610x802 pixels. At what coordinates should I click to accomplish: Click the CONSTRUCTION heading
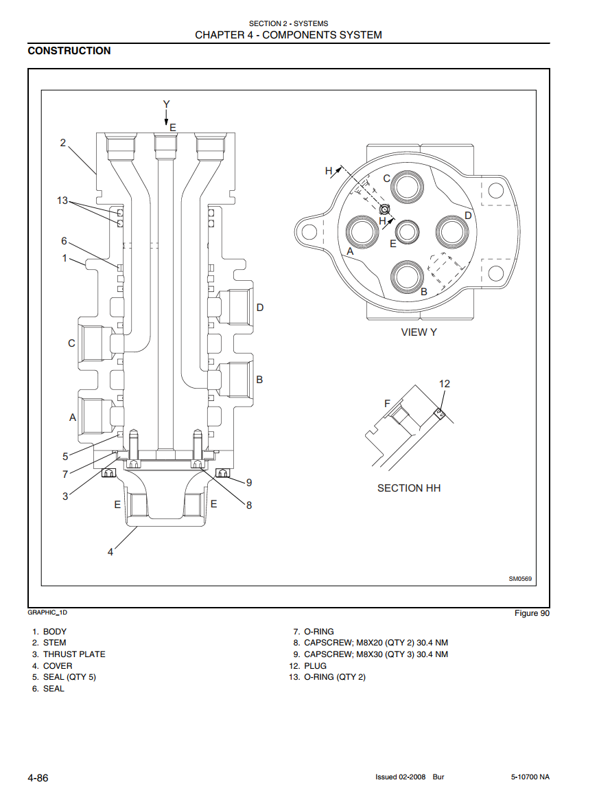pos(69,51)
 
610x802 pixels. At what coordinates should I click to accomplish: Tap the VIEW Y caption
pos(419,332)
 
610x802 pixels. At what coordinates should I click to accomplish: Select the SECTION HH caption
pos(409,488)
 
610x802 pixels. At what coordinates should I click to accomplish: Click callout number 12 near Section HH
pos(445,384)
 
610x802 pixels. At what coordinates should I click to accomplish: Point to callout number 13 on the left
pos(63,200)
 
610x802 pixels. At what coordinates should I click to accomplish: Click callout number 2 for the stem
pos(63,143)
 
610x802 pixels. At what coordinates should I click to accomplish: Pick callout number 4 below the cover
pos(110,552)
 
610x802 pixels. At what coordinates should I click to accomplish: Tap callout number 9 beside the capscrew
pos(249,482)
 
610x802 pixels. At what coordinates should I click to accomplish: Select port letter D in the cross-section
pos(260,307)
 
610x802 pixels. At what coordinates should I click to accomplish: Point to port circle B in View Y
pos(410,276)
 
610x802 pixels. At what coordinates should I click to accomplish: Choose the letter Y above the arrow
pos(166,104)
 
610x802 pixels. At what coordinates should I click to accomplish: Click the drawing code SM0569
pos(520,579)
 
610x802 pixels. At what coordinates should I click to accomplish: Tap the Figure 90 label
pos(532,613)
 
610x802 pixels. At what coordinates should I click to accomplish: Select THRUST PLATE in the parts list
pos(74,654)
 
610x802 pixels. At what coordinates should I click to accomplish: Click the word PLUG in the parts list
pos(315,666)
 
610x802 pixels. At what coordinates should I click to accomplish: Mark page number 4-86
pos(38,777)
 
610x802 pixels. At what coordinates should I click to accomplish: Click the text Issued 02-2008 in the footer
pos(401,777)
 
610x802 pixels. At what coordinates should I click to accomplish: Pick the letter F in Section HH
pos(387,404)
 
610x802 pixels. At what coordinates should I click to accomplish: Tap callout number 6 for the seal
pos(64,241)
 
